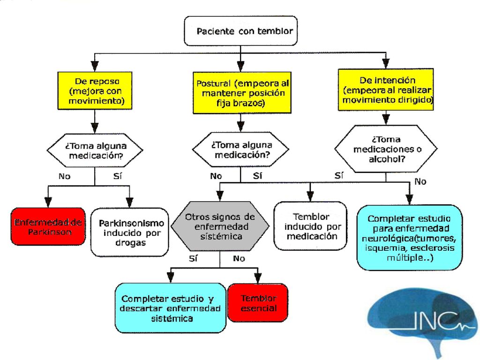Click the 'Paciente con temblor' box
[x=240, y=31]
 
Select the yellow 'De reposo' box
[x=95, y=90]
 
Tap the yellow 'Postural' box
[x=242, y=93]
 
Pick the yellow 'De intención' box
[x=386, y=90]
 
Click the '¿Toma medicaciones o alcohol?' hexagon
[x=386, y=149]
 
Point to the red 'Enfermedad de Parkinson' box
[x=48, y=226]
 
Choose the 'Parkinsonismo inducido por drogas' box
[x=130, y=232]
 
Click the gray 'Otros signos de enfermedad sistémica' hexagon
[x=220, y=226]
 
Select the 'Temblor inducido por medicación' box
[x=310, y=226]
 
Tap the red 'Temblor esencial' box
[x=258, y=302]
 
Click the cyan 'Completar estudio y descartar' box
[x=171, y=308]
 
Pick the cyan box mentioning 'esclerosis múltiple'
[x=410, y=238]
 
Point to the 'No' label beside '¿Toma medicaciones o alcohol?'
[x=420, y=182]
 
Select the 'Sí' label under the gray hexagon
[x=193, y=258]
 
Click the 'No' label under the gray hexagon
[x=239, y=259]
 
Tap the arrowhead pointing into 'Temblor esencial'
[x=258, y=277]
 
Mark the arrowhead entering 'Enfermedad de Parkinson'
[x=48, y=202]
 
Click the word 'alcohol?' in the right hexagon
[x=387, y=159]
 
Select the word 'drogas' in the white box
[x=130, y=243]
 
